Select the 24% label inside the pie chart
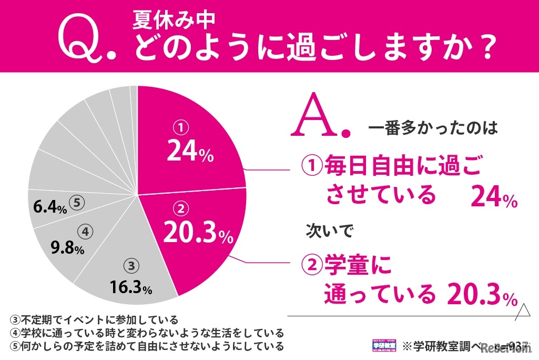(x=190, y=151)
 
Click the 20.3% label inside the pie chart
(x=197, y=232)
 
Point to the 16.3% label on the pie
(x=131, y=287)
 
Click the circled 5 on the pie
(x=77, y=203)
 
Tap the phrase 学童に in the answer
(x=357, y=266)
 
